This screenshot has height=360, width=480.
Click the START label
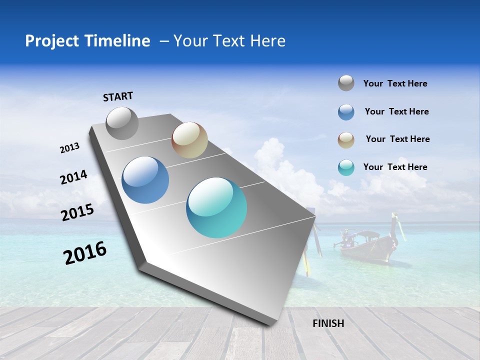(x=118, y=96)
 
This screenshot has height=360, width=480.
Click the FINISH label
(x=328, y=323)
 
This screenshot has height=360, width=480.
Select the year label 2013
(x=69, y=148)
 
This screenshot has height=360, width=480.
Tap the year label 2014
(x=73, y=177)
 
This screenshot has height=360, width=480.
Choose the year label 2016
(x=85, y=253)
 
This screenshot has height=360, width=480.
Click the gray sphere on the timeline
(x=122, y=123)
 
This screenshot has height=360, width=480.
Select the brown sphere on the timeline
(x=189, y=140)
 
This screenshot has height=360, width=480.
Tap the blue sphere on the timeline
(x=145, y=180)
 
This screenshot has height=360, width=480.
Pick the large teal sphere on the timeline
(x=216, y=207)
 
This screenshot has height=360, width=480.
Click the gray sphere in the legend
(x=346, y=83)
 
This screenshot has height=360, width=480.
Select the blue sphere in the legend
(x=346, y=112)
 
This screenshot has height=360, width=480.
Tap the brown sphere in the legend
(x=346, y=140)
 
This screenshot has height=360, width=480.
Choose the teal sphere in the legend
(x=346, y=167)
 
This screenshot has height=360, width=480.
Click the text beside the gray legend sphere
(x=395, y=84)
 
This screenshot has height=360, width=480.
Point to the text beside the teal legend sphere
(x=395, y=167)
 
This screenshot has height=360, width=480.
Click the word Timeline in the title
(x=118, y=41)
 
